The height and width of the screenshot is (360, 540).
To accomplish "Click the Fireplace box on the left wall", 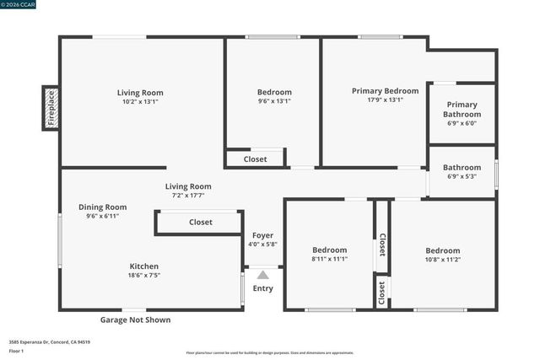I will click(51, 108).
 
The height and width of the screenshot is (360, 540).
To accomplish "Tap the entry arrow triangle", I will click(263, 275).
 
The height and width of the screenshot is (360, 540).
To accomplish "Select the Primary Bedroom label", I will click(385, 91).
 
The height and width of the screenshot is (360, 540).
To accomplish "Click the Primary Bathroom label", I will click(462, 110).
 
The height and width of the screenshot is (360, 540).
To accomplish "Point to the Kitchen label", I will click(143, 266).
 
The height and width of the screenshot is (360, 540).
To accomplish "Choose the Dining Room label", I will click(102, 207).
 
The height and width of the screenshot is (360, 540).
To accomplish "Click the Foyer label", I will click(262, 235).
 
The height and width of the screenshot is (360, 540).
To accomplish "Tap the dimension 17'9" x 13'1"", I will click(385, 99).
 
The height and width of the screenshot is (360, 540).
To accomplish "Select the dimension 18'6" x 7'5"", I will click(143, 275).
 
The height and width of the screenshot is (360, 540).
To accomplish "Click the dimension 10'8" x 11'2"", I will click(442, 260).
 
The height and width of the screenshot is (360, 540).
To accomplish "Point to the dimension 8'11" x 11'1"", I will click(329, 259).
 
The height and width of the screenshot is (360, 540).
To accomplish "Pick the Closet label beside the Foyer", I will click(201, 223).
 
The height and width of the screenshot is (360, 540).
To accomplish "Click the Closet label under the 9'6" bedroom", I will click(255, 159).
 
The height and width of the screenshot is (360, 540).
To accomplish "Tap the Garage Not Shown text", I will click(135, 320).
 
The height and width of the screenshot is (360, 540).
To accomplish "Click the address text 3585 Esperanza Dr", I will click(50, 341).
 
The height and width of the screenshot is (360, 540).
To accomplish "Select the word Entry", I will click(262, 288).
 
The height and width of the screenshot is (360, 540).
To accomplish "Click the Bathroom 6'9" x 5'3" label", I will click(462, 168).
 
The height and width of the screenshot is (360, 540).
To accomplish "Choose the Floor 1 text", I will click(16, 351).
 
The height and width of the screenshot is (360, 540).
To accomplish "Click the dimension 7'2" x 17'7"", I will click(188, 195).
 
